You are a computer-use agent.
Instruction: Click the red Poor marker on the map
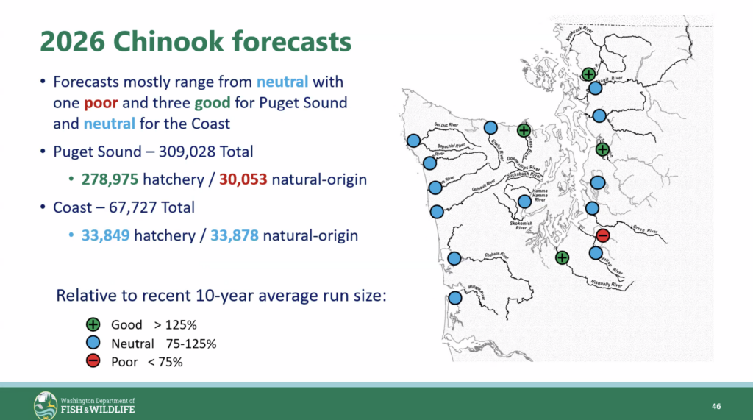602,235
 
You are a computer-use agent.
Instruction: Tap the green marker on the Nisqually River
562,257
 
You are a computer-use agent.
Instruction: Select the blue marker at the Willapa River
454,298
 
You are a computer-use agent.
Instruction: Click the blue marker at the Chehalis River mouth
454,258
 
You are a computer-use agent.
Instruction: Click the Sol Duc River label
446,125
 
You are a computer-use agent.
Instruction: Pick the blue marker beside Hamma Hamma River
524,201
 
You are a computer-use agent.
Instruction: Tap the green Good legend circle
93,324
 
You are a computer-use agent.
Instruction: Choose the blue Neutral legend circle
93,343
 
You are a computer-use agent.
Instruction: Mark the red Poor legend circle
93,361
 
